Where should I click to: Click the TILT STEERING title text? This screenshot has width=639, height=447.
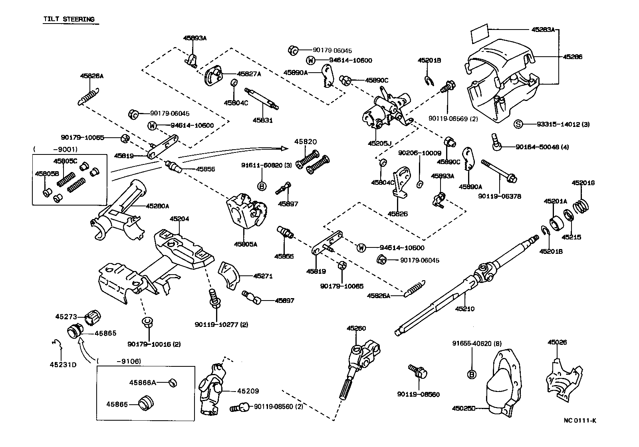(69, 19)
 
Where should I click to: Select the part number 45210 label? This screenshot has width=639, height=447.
(465, 309)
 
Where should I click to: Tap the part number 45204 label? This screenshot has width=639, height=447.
(179, 219)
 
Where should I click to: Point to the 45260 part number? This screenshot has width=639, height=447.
(356, 328)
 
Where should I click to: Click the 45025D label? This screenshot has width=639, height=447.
(464, 408)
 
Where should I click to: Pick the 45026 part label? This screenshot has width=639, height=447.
(557, 342)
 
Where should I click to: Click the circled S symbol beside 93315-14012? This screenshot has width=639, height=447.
(518, 124)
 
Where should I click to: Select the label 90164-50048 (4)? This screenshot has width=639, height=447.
(542, 147)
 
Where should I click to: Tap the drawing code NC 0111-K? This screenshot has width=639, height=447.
(579, 420)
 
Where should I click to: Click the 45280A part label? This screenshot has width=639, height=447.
(157, 206)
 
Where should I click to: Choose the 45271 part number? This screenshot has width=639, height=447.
(263, 276)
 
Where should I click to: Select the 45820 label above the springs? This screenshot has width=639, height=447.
(306, 142)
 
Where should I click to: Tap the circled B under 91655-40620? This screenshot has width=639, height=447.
(472, 374)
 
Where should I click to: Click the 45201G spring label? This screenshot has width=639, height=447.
(583, 183)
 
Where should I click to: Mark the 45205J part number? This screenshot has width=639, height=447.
(379, 142)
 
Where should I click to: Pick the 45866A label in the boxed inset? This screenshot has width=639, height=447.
(142, 382)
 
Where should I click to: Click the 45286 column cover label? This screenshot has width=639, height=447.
(572, 57)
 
